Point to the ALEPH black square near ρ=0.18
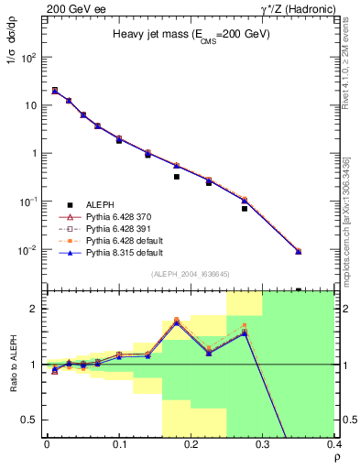(176, 177)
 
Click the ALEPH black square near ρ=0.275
(245, 209)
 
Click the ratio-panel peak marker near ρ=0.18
(176, 322)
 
